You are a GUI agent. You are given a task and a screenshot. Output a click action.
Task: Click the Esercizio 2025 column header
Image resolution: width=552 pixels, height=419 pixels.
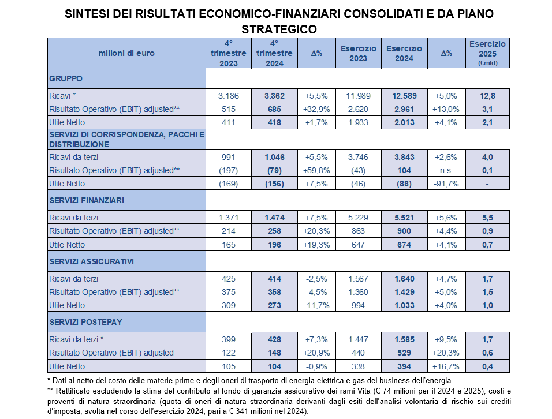pos(487,53)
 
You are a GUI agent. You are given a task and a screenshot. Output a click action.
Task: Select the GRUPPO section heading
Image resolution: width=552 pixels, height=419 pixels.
pos(66,78)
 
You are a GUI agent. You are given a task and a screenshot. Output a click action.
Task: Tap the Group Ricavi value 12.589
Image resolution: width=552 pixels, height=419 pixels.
pos(404,96)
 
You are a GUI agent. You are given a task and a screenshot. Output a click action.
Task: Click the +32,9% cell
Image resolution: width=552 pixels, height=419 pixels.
pos(316,110)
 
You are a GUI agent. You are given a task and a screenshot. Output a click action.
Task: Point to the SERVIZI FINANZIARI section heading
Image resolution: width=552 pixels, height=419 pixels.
pos(87,200)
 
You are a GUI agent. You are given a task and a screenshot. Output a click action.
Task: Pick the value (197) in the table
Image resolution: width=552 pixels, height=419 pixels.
pos(229,171)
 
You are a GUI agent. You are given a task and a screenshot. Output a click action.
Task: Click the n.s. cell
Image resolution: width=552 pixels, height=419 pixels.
pos(446,171)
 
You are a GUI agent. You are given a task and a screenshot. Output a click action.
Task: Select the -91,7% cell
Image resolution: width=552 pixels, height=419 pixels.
pos(446,184)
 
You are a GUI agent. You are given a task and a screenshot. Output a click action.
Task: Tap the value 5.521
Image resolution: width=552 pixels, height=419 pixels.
pos(404,218)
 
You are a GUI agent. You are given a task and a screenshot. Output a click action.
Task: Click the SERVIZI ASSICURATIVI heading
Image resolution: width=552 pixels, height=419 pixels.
pos(92,262)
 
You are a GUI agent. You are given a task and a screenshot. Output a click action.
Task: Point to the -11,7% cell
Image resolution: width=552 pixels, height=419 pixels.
pos(316,305)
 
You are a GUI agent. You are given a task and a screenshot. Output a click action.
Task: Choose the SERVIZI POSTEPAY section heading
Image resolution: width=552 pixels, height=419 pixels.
pos(85,322)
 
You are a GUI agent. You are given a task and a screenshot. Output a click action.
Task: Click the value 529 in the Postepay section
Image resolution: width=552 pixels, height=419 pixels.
pos(404,353)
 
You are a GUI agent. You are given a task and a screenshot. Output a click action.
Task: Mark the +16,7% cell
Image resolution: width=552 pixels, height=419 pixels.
pos(446,366)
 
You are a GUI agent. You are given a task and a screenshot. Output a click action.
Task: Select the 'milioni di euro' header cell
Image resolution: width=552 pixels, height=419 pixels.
pos(126,54)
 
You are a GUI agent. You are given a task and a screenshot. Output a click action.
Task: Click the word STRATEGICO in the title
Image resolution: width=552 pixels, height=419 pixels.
pos(279,29)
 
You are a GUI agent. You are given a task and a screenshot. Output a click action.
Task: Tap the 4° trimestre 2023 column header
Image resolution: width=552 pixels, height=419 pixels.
pos(229,53)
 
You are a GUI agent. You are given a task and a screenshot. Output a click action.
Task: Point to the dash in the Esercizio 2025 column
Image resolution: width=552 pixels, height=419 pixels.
pos(487,184)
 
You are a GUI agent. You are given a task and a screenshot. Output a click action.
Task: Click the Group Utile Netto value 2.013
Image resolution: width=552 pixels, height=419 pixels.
pos(404,123)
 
